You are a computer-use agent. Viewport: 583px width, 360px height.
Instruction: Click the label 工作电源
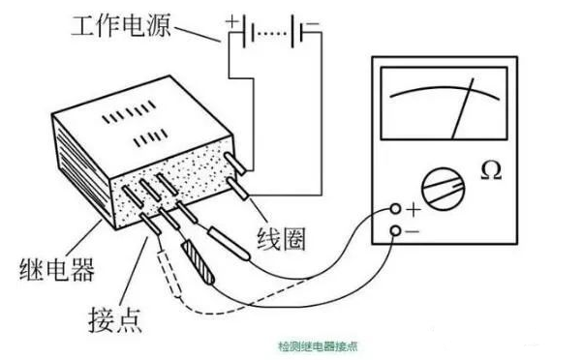tap(117, 26)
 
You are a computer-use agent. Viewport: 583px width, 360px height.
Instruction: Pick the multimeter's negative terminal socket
tap(396, 229)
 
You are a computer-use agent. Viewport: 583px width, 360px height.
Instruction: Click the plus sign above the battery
tap(231, 17)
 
